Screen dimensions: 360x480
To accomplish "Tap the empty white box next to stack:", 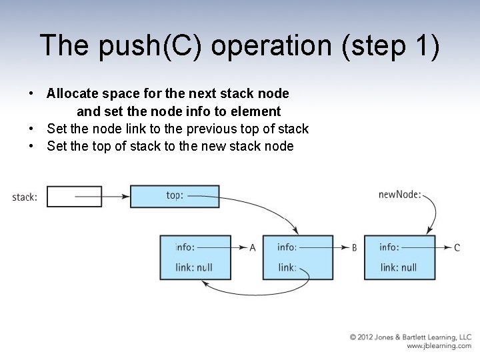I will click(x=75, y=197).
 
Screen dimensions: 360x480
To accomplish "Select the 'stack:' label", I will click(x=25, y=197).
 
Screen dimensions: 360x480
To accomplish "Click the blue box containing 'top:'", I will click(x=174, y=196).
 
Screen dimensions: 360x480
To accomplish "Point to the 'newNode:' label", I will click(x=399, y=195).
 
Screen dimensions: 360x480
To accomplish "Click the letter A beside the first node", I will click(x=253, y=248).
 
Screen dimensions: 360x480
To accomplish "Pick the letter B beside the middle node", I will click(x=355, y=248).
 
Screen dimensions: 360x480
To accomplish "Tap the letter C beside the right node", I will click(x=457, y=248).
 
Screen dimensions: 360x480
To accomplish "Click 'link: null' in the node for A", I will click(x=194, y=267).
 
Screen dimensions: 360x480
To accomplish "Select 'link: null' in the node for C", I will click(x=399, y=267).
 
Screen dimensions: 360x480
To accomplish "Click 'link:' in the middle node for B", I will click(x=287, y=267).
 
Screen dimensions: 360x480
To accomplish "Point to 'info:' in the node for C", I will click(x=389, y=247).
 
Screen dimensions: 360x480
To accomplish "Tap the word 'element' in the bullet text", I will click(x=256, y=111).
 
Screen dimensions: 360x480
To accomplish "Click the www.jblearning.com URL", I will click(x=439, y=346).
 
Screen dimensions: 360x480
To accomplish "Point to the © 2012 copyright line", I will click(x=411, y=337).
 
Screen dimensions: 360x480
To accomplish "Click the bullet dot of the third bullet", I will click(x=31, y=146).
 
